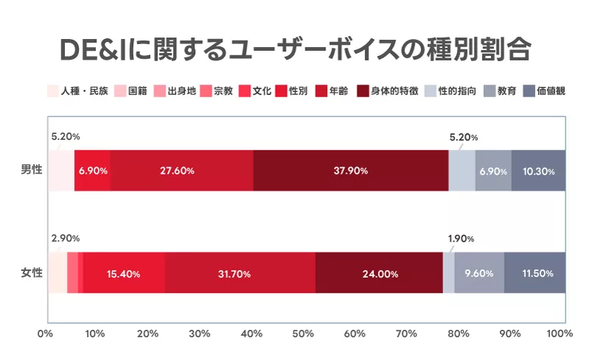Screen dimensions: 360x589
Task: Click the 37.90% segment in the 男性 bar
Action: click(x=350, y=171)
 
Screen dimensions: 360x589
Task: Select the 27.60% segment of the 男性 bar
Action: click(x=181, y=171)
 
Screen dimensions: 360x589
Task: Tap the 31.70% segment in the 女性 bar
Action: click(x=240, y=274)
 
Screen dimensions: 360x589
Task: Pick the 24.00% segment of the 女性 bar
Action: click(x=379, y=274)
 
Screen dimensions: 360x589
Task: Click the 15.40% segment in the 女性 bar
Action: click(x=124, y=274)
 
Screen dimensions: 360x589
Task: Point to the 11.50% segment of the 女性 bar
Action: click(x=535, y=274)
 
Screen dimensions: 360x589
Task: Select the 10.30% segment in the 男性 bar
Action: click(x=538, y=171)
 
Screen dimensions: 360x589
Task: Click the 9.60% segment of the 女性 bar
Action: click(x=479, y=274)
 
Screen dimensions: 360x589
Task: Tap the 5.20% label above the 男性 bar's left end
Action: click(x=66, y=136)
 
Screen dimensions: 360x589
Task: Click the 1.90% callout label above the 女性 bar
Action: click(x=462, y=239)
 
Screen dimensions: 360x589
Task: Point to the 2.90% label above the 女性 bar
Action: click(x=66, y=239)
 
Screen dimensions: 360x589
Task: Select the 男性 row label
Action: click(x=32, y=170)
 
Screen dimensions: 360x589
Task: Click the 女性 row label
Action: click(x=32, y=274)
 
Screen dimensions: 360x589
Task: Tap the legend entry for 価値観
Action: click(x=543, y=91)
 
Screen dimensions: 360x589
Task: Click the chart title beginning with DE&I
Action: click(x=294, y=49)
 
